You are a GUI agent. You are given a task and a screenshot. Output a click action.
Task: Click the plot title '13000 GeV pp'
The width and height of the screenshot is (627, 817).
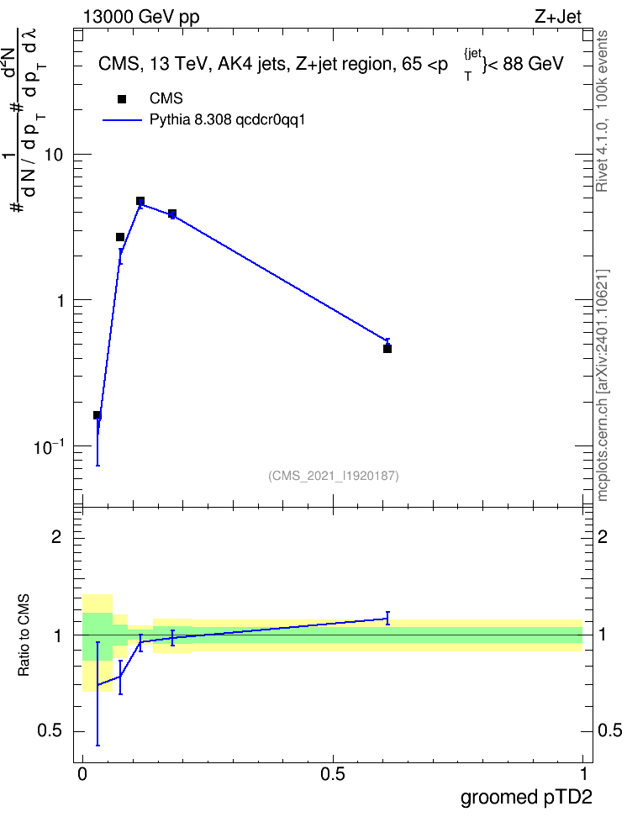pyautogui.click(x=141, y=17)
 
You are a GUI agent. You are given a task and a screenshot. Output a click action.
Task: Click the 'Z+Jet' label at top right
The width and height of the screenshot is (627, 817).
pyautogui.click(x=558, y=17)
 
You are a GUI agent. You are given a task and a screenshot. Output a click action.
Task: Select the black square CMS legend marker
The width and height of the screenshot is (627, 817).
pyautogui.click(x=122, y=99)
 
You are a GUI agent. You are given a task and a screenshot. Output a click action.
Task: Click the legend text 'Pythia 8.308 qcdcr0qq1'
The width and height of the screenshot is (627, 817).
pyautogui.click(x=227, y=120)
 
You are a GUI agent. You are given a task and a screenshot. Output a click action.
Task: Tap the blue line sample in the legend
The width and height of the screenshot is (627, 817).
pyautogui.click(x=122, y=120)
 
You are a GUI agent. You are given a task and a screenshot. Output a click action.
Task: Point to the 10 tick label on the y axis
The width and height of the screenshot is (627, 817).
pyautogui.click(x=53, y=155)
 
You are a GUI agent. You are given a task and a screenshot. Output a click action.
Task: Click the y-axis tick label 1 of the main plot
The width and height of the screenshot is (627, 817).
pyautogui.click(x=59, y=301)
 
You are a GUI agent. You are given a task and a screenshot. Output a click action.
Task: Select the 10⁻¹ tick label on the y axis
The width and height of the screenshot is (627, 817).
pyautogui.click(x=49, y=446)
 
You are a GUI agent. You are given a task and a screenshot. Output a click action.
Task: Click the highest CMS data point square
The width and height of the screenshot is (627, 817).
pyautogui.click(x=140, y=201)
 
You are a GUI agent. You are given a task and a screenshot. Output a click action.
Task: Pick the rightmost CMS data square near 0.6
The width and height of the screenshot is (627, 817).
pyautogui.click(x=387, y=349)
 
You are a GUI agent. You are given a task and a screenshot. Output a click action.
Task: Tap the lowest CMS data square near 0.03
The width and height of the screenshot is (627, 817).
pyautogui.click(x=97, y=415)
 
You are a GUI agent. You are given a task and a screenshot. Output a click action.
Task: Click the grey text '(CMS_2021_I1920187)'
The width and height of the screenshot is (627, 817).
pyautogui.click(x=334, y=476)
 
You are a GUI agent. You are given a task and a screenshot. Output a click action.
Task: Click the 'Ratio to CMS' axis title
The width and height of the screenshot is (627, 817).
pyautogui.click(x=24, y=635)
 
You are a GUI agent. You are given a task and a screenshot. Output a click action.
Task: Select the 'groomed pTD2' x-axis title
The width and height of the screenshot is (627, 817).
pyautogui.click(x=526, y=797)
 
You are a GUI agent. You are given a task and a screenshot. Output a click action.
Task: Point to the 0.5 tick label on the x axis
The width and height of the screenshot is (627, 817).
pyautogui.click(x=333, y=774)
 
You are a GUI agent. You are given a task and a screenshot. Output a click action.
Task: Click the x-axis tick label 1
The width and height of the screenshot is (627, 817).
pyautogui.click(x=583, y=774)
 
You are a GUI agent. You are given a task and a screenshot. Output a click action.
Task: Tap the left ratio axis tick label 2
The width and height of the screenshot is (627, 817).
pyautogui.click(x=56, y=536)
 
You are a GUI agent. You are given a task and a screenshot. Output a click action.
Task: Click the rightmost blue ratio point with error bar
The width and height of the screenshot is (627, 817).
pyautogui.click(x=387, y=619)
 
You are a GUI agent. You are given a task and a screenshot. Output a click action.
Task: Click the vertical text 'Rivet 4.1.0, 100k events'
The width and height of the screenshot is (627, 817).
pyautogui.click(x=602, y=111)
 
